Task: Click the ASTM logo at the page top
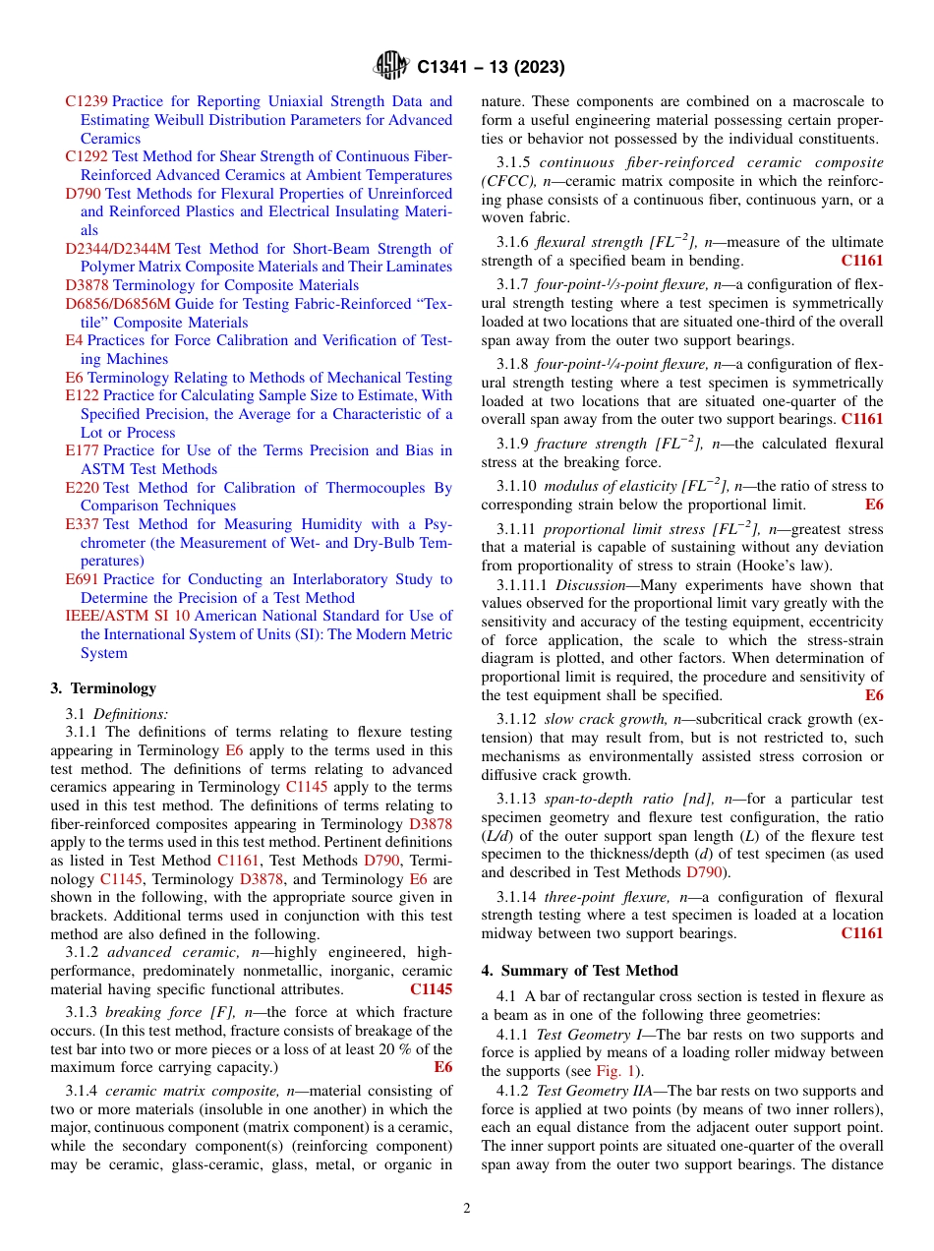[391, 67]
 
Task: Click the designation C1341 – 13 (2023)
[491, 68]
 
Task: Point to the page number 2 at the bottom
[467, 1209]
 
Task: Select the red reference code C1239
[87, 101]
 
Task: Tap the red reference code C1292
[87, 156]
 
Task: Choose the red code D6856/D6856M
[118, 304]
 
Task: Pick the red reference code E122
[83, 395]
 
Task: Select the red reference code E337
[83, 524]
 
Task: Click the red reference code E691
[83, 579]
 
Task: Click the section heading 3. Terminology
[103, 688]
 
